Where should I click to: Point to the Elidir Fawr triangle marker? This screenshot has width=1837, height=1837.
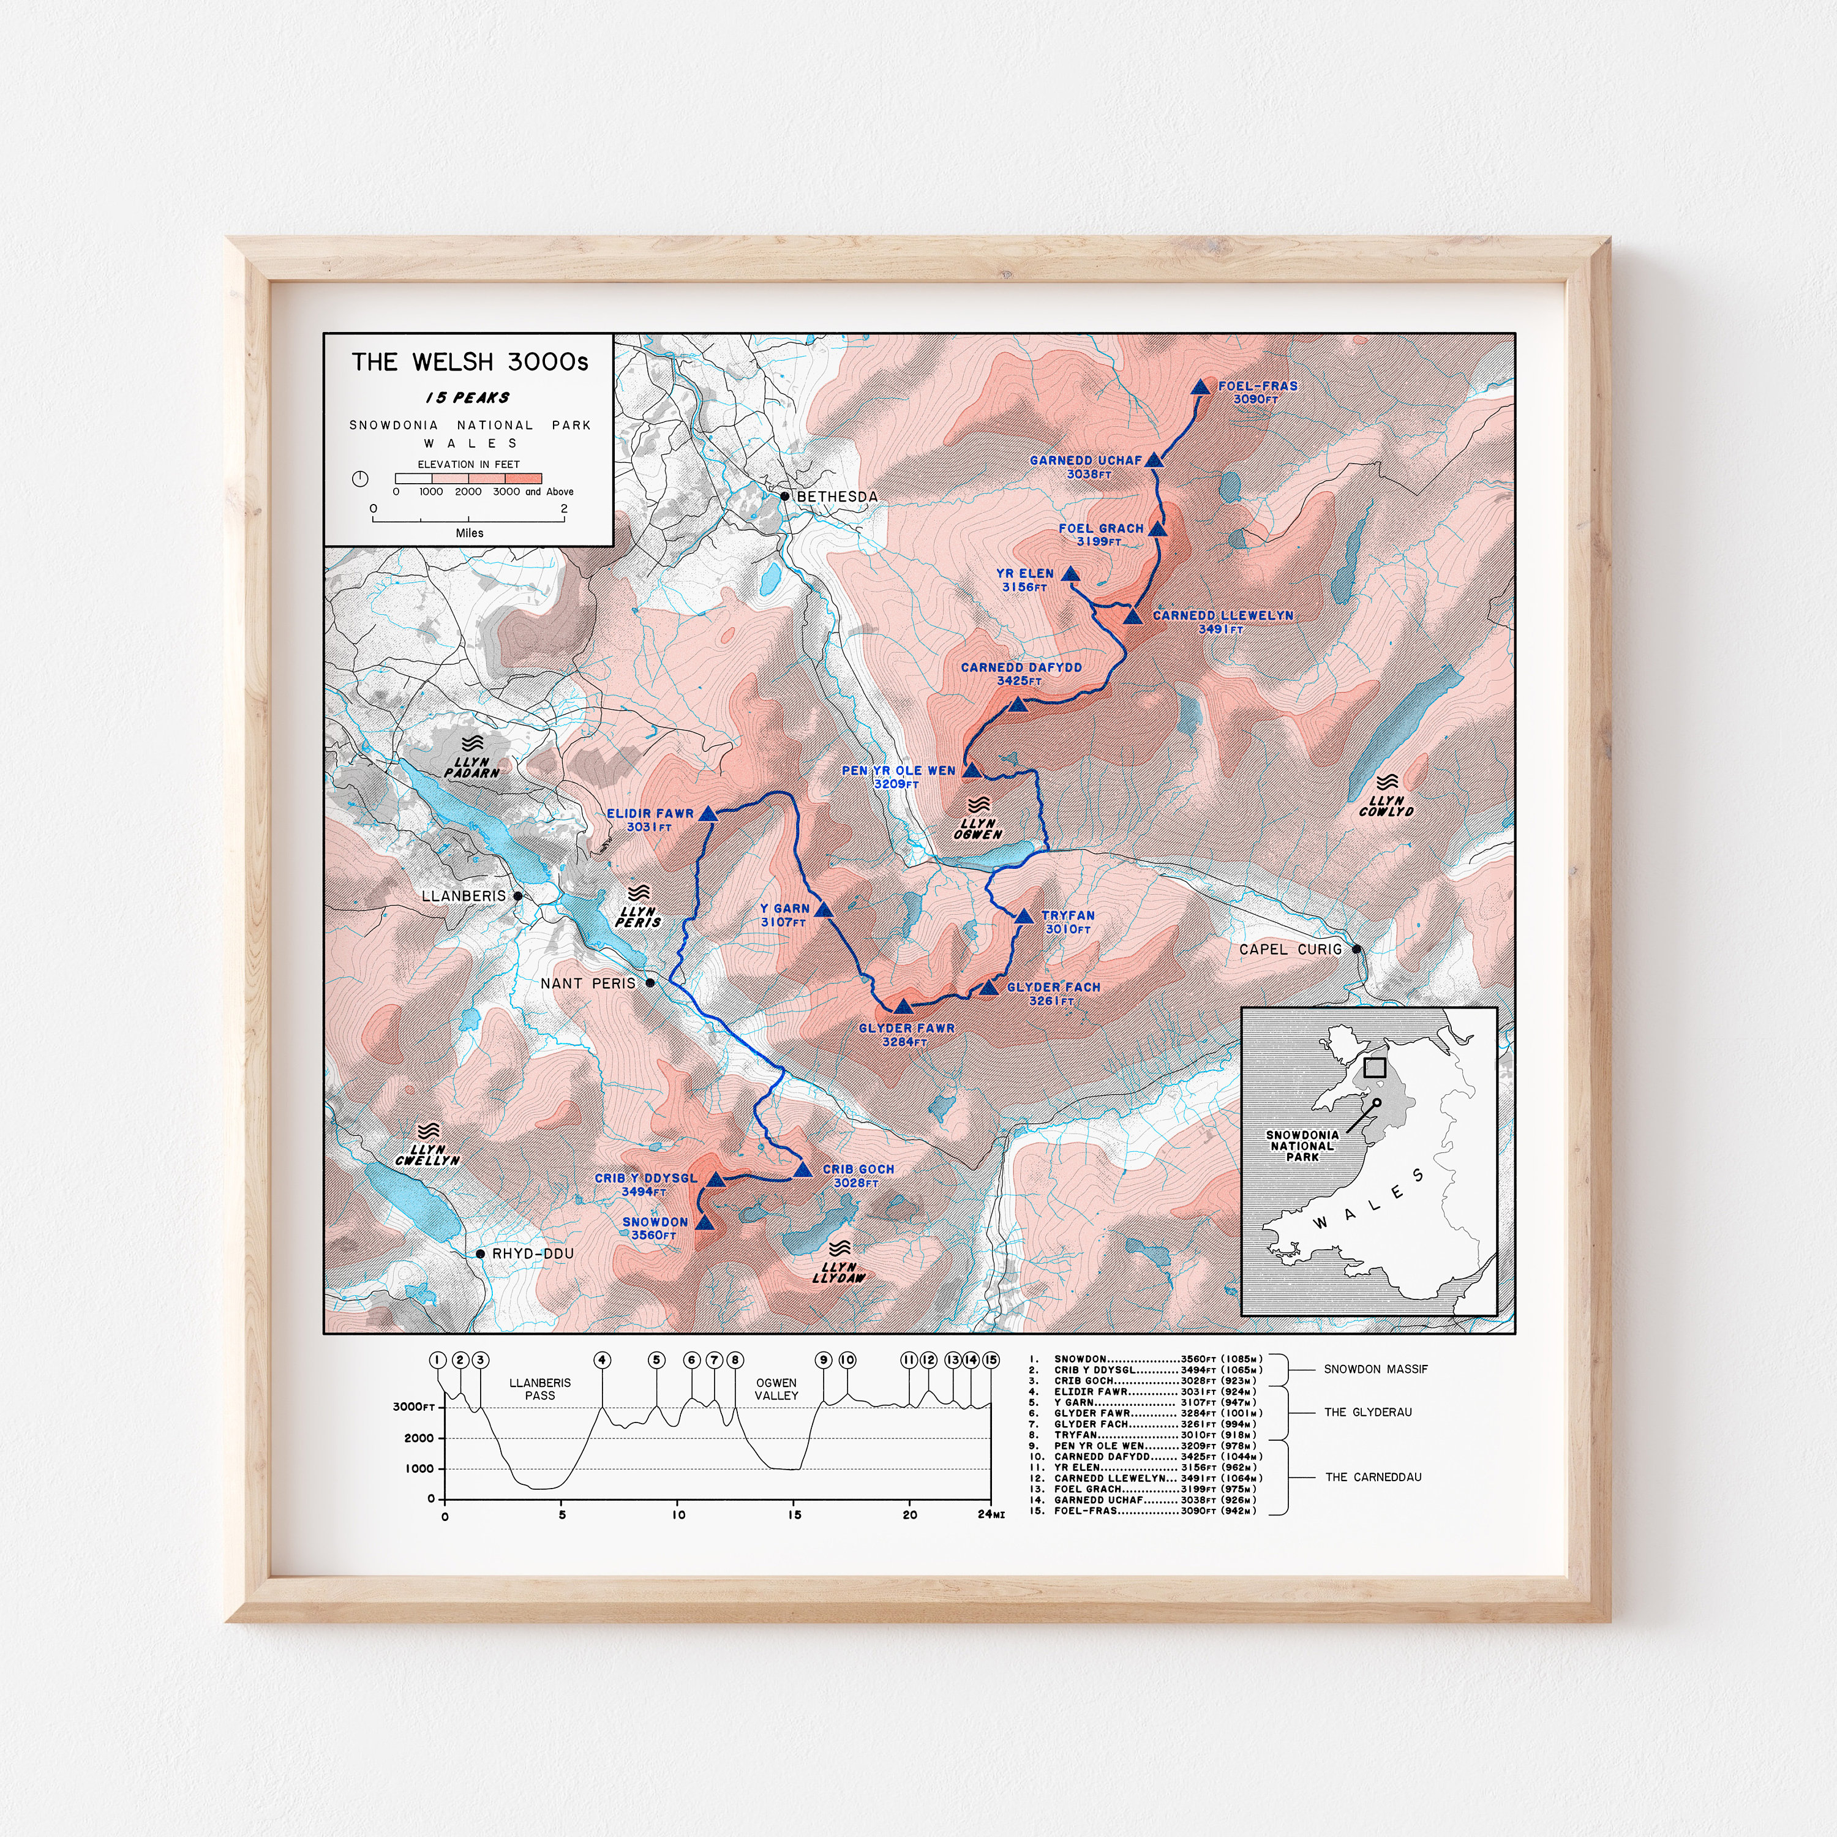(x=708, y=814)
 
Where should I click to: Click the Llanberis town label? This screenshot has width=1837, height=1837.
(x=464, y=896)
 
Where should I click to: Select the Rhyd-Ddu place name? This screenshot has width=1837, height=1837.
(x=533, y=1254)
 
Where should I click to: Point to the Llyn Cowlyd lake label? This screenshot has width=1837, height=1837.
(x=1386, y=806)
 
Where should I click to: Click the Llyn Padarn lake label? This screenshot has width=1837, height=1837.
(x=471, y=767)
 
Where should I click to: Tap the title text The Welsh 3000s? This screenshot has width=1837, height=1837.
(x=470, y=363)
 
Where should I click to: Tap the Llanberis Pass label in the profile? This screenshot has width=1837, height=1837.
(x=540, y=1389)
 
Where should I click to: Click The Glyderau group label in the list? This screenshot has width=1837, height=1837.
(x=1367, y=1412)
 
